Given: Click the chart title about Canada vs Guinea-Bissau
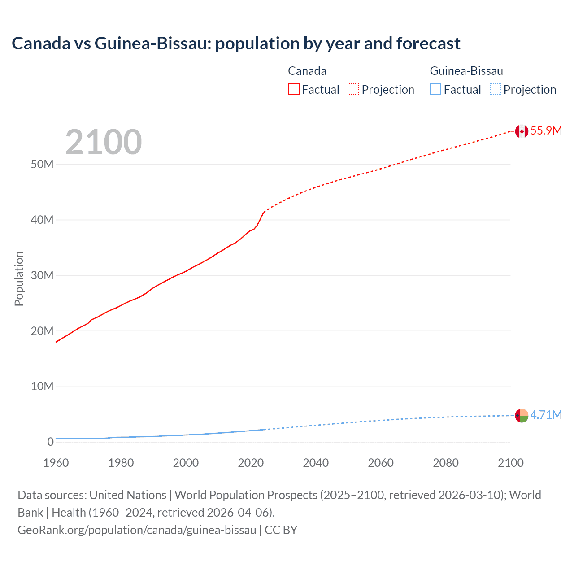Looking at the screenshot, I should click(x=236, y=43).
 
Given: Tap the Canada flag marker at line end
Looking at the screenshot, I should click(x=521, y=131).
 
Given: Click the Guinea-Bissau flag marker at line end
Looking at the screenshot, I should click(x=521, y=416).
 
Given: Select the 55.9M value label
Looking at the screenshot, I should click(x=546, y=130).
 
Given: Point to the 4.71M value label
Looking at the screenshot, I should click(x=546, y=415).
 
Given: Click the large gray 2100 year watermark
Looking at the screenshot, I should click(x=104, y=142).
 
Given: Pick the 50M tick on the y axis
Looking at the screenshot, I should click(x=42, y=164).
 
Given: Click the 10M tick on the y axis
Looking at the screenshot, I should click(x=42, y=386).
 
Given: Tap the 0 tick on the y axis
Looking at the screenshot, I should click(x=50, y=442).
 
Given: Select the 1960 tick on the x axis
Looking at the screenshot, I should click(x=56, y=463).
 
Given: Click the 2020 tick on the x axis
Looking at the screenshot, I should click(x=251, y=463).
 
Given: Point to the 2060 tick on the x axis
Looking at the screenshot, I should click(x=381, y=463).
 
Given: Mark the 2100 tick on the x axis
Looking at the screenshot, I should click(x=510, y=463).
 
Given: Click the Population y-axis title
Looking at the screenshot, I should click(x=19, y=278).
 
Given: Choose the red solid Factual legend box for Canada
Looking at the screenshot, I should click(x=294, y=90).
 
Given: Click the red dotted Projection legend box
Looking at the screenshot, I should click(x=353, y=90).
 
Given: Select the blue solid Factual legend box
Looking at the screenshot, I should click(x=435, y=90).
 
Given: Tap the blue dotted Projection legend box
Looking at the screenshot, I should click(x=495, y=90).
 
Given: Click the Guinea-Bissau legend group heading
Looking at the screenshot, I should click(x=466, y=71).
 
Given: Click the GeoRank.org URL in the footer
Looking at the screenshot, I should click(x=137, y=530).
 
